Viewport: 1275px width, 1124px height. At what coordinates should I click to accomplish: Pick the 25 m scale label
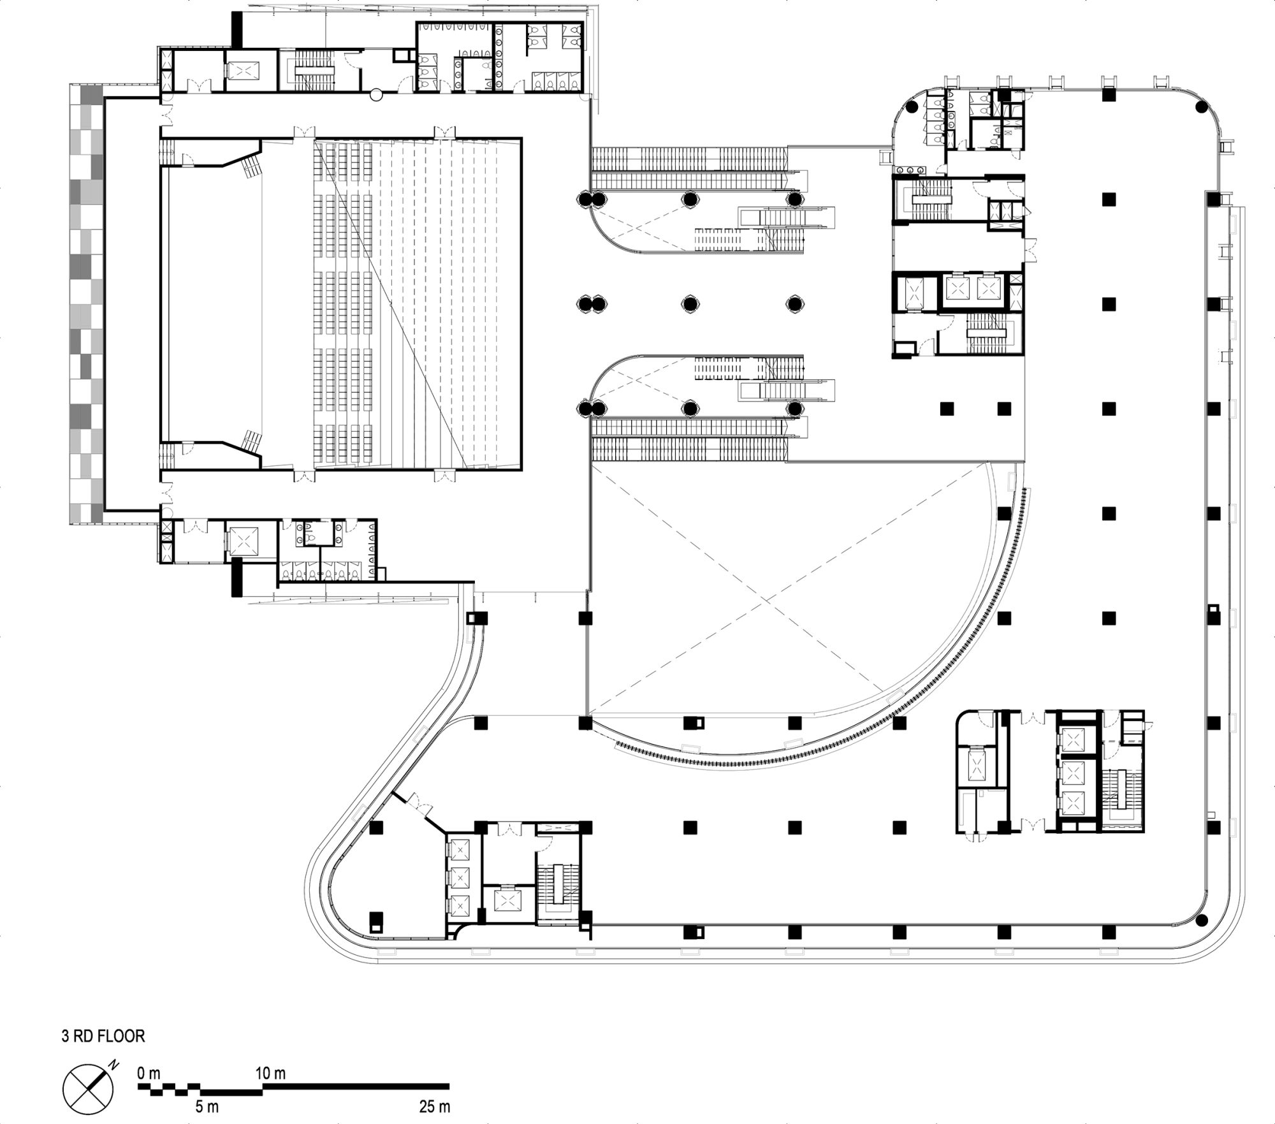(x=435, y=1106)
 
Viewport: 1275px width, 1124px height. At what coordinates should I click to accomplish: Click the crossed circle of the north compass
(x=89, y=1089)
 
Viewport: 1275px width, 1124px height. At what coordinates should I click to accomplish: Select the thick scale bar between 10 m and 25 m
(x=356, y=1085)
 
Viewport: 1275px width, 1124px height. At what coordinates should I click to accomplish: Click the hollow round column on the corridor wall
(x=377, y=94)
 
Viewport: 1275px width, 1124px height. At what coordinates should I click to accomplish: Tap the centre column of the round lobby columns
(x=689, y=303)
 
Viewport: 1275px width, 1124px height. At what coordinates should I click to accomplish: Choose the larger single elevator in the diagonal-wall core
(x=507, y=901)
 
